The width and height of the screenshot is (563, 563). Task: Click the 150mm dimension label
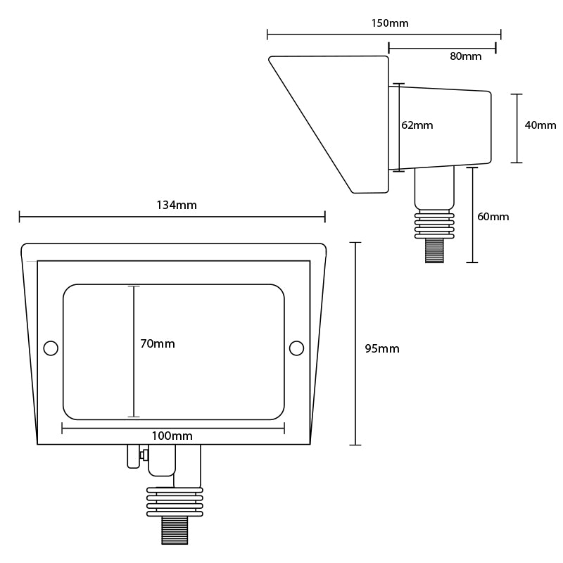[389, 23]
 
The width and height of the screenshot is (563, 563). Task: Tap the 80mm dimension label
[466, 56]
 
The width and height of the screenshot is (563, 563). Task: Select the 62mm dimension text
[417, 125]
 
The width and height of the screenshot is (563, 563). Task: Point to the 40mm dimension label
[540, 125]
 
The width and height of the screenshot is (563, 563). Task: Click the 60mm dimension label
[493, 217]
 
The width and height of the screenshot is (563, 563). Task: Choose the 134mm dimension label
[176, 205]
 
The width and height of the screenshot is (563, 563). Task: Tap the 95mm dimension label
[382, 348]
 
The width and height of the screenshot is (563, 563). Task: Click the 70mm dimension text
[158, 344]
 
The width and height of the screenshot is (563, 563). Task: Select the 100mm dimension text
[172, 436]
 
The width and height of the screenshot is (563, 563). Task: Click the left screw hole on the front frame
[51, 348]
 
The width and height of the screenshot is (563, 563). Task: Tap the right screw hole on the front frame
[296, 348]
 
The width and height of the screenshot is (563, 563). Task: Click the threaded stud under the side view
[434, 251]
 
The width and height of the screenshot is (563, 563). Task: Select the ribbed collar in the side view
[434, 223]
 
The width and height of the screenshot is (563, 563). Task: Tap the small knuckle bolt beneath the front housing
[143, 455]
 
